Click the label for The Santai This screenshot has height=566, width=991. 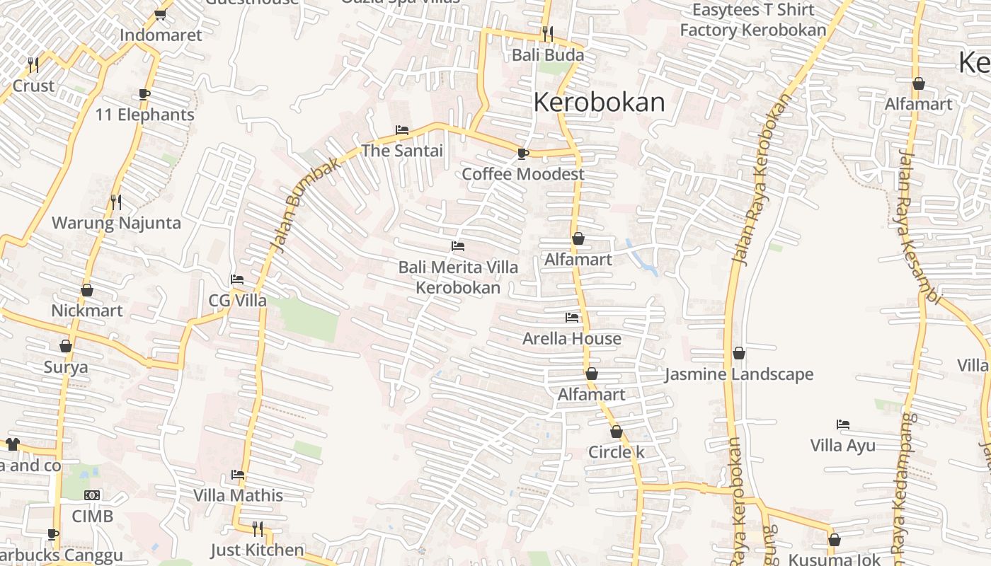tap(402, 151)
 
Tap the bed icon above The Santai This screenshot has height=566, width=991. tap(401, 130)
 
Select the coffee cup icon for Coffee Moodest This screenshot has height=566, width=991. tap(522, 154)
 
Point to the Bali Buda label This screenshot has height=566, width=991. tap(548, 55)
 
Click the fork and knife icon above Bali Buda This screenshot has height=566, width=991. tap(547, 33)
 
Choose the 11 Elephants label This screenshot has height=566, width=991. tap(144, 115)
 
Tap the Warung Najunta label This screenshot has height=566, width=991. tap(116, 223)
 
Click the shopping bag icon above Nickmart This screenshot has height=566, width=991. tap(87, 290)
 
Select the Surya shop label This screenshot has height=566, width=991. tap(66, 367)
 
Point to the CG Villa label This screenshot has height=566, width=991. tap(237, 301)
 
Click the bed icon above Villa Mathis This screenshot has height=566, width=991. tap(238, 475)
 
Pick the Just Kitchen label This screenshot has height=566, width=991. tap(257, 550)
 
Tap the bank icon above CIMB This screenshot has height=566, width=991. tap(92, 495)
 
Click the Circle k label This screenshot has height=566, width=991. tap(616, 452)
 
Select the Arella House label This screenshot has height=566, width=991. tap(572, 339)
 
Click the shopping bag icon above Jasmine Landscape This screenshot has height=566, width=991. tap(739, 353)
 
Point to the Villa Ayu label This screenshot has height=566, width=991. tap(842, 446)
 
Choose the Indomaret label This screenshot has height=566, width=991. tap(161, 35)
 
